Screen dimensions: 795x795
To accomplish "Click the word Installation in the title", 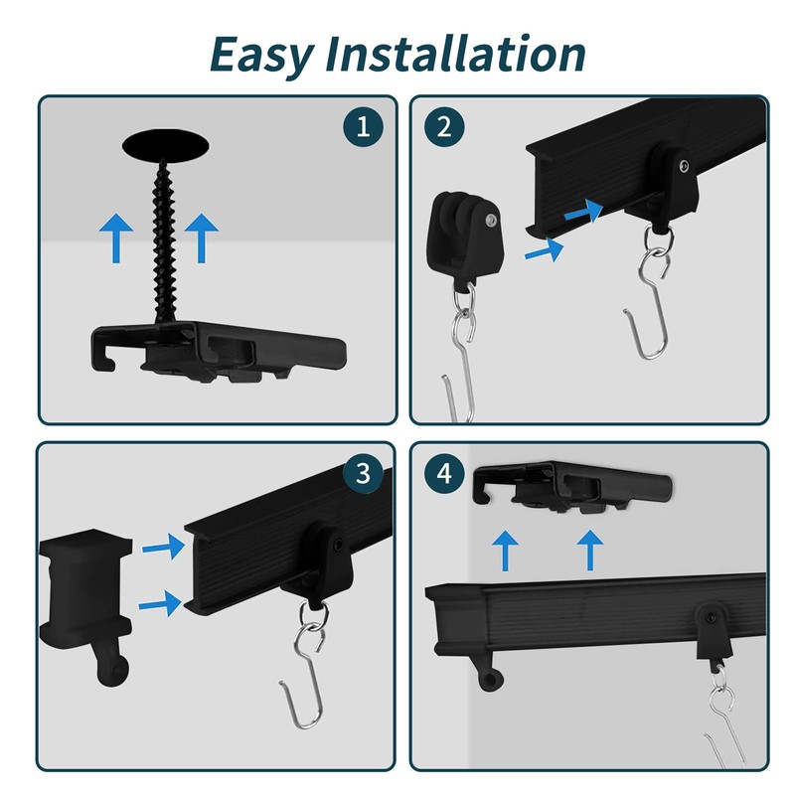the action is tap(455, 53).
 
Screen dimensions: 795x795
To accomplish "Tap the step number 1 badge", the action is tap(363, 127).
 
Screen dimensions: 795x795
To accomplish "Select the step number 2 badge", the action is tap(444, 127).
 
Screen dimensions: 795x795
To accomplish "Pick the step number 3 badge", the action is tap(363, 473).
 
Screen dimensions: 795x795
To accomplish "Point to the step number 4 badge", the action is tap(444, 474).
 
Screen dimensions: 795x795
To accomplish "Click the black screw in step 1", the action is tap(163, 241).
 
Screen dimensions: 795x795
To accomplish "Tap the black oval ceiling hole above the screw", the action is tap(166, 145).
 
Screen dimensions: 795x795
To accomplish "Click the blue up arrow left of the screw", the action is tap(116, 238).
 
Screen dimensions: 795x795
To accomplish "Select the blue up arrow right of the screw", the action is tap(202, 238).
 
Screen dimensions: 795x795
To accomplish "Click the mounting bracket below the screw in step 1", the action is tap(218, 351).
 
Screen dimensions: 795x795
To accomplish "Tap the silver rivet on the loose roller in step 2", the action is tap(490, 220).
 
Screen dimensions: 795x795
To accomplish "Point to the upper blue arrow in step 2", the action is tap(583, 211).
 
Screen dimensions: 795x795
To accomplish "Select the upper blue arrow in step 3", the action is tap(163, 547).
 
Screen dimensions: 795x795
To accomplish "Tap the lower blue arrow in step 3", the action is tap(160, 603).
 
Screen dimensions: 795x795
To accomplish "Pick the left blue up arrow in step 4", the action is tap(505, 551).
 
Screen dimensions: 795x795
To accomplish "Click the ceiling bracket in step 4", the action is tap(573, 487).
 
